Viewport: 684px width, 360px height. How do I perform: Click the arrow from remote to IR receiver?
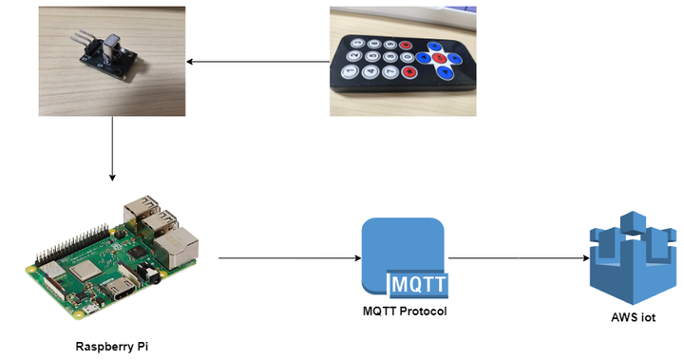256,63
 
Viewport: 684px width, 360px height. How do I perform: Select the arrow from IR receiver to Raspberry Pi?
113,147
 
